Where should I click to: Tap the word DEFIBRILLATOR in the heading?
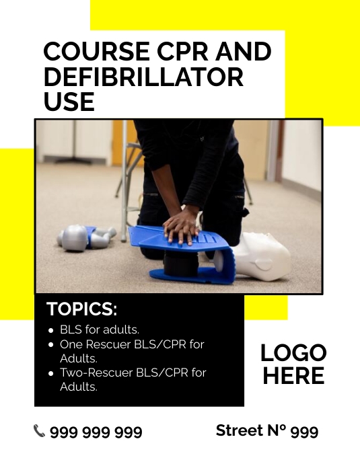point(143,77)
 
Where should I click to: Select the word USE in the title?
point(69,102)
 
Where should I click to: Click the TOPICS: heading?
point(81,309)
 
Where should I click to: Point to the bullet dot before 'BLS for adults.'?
point(52,330)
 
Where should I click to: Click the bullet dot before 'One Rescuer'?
point(52,344)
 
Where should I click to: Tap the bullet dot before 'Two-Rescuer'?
point(52,373)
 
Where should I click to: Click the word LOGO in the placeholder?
point(293,352)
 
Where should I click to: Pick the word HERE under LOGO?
point(293,376)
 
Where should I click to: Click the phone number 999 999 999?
point(96,432)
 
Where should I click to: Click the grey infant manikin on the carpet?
point(84,237)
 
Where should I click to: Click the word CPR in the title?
point(190,52)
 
